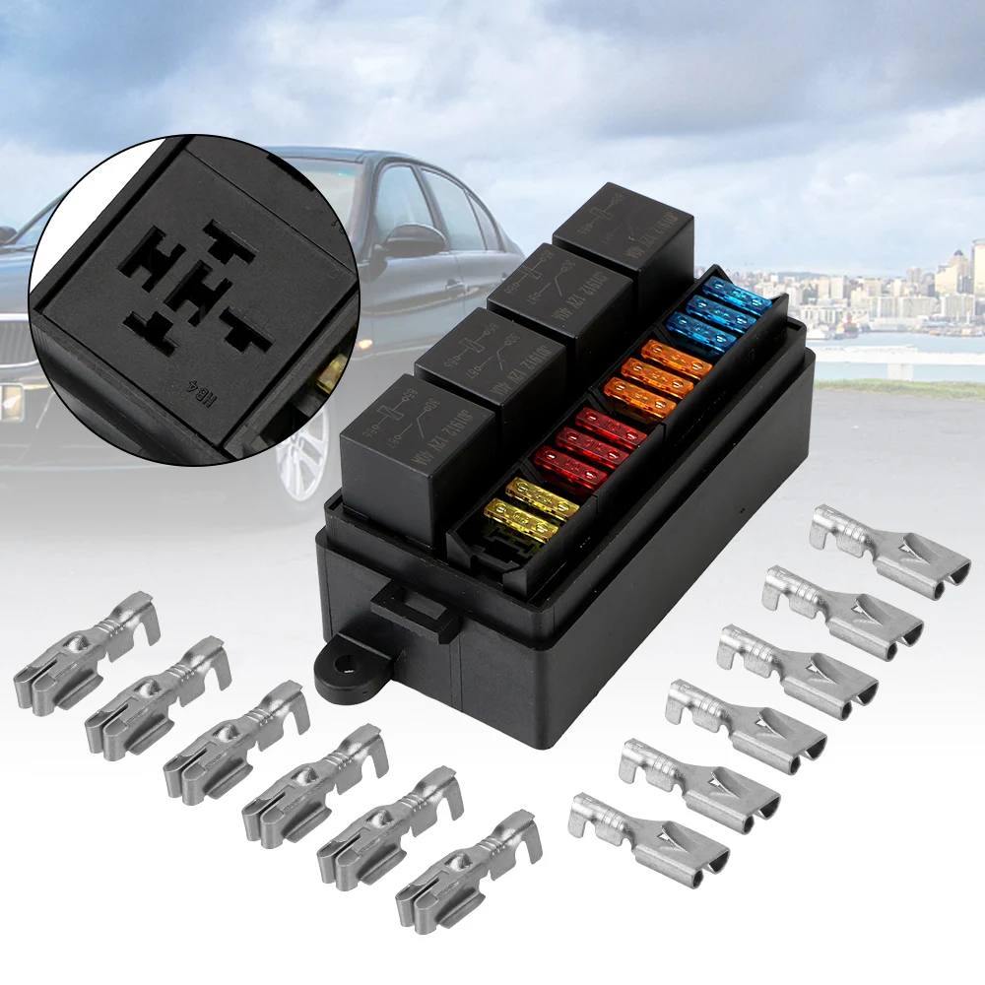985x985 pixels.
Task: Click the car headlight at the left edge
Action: click(x=10, y=402)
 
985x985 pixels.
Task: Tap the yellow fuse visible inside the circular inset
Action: click(x=333, y=370)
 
